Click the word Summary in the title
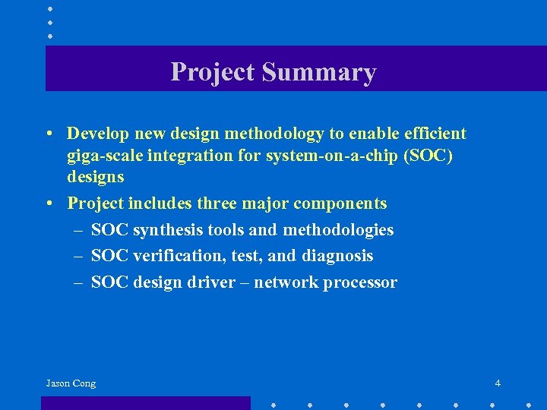click(x=319, y=72)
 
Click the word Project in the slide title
click(x=213, y=72)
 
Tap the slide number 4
click(x=497, y=383)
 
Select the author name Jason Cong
click(x=71, y=383)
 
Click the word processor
click(x=359, y=282)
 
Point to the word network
click(x=286, y=282)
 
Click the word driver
click(x=216, y=282)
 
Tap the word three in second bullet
click(x=217, y=203)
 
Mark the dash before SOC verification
click(x=78, y=256)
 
